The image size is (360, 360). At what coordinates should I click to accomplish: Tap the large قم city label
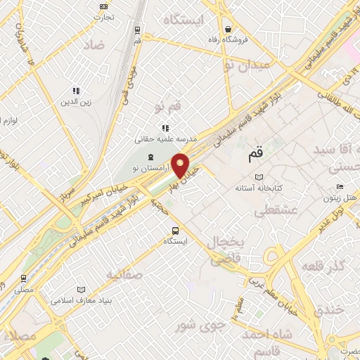pyautogui.click(x=256, y=151)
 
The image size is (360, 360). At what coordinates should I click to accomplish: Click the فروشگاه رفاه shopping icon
pyautogui.click(x=229, y=29)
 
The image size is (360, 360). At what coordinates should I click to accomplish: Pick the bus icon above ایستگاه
pyautogui.click(x=175, y=230)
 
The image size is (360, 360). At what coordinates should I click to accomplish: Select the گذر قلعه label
pyautogui.click(x=323, y=266)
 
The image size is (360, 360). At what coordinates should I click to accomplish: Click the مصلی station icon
pyautogui.click(x=24, y=278)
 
